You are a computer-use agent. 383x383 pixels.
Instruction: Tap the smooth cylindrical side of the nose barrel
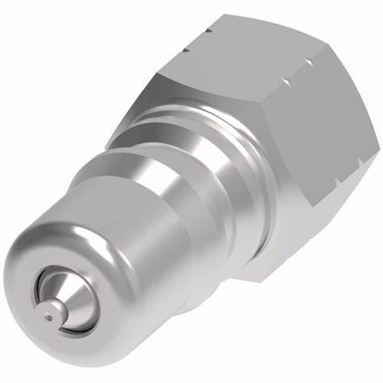(121, 242)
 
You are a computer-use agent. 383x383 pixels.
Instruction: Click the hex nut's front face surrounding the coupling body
(194, 105)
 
